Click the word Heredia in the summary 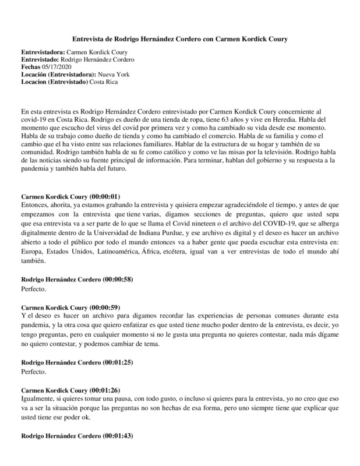(x=246, y=118)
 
